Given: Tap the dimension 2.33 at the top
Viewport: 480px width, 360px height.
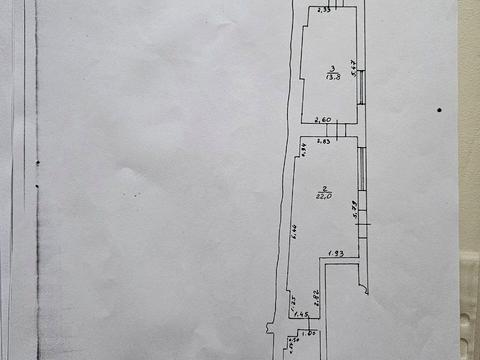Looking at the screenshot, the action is click(x=323, y=11).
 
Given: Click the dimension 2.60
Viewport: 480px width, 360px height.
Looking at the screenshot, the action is click(x=323, y=120).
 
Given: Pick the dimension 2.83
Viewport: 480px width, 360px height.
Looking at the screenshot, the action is click(x=323, y=141).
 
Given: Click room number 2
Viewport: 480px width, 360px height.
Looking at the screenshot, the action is click(x=325, y=188).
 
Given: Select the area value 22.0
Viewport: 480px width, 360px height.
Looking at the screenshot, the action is click(x=325, y=197).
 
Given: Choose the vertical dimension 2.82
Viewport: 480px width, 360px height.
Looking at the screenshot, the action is click(x=313, y=294).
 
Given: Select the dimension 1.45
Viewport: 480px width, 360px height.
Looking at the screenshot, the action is click(x=301, y=314).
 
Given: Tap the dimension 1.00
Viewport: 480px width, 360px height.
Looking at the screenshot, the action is click(x=310, y=332).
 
